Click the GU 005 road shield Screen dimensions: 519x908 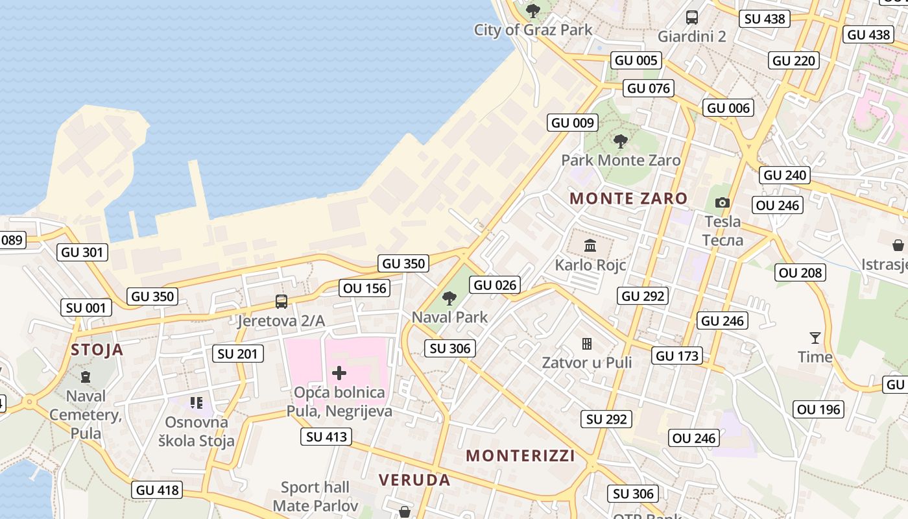pos(636,60)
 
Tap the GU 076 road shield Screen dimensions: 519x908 pos(649,88)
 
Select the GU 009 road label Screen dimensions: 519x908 pos(571,123)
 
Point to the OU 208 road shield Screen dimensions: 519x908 pos(800,273)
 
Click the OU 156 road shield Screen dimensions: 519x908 pos(364,288)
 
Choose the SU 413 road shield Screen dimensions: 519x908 pos(327,437)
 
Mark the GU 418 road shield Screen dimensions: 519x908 pos(157,490)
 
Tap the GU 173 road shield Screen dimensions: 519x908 pos(677,356)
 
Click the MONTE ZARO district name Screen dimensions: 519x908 pos(628,199)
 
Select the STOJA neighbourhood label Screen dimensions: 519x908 pos(97,350)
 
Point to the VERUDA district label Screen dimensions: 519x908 pos(414,480)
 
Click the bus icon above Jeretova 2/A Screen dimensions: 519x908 pos(281,302)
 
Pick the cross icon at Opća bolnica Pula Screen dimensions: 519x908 pos(339,373)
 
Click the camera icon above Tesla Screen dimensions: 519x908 pos(722,203)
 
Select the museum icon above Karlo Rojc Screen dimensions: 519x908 pos(590,246)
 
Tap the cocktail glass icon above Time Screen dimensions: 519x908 pos(815,337)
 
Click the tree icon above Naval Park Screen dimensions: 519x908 pos(449,298)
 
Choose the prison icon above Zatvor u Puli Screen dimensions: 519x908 pos(587,343)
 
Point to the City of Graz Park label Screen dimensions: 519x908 pos(533,30)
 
